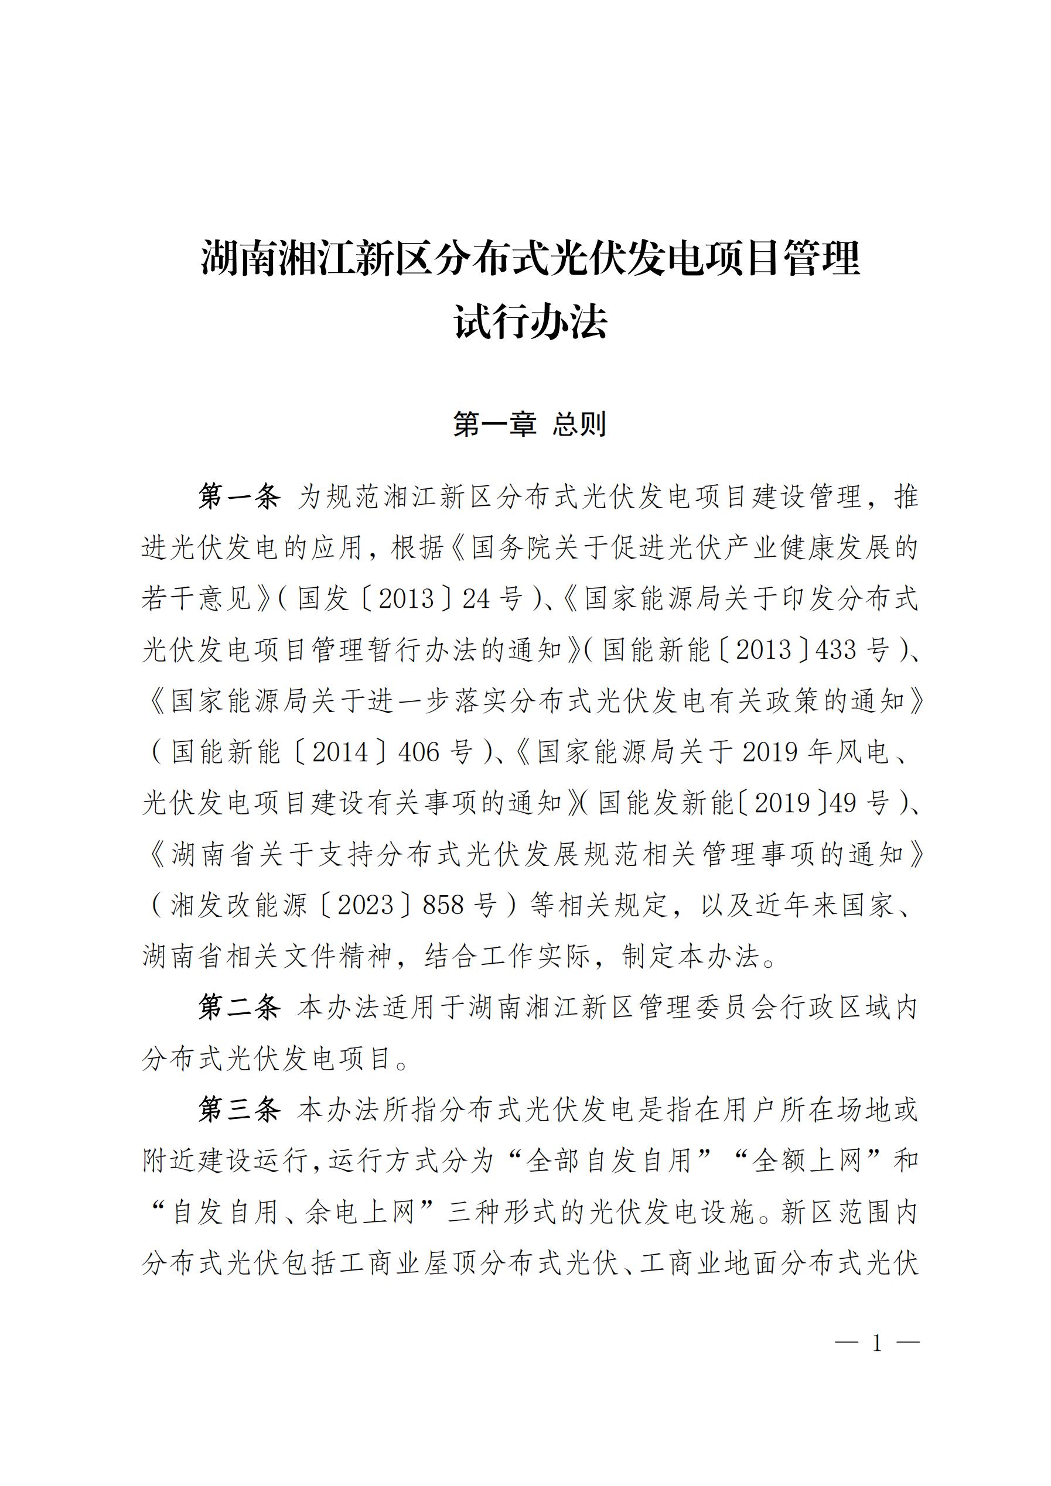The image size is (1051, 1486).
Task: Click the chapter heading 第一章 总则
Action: tap(529, 424)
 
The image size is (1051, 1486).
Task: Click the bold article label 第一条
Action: tap(239, 497)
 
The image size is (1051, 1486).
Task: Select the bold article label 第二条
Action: tap(239, 1007)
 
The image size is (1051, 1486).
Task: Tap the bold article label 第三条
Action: tap(239, 1110)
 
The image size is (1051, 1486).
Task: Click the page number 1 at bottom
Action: tap(877, 1344)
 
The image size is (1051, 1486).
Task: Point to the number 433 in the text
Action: tap(836, 649)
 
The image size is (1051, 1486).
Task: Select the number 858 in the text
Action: tap(443, 905)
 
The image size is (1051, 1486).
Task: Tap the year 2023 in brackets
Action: tap(366, 905)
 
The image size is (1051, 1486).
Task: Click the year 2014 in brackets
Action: tap(340, 752)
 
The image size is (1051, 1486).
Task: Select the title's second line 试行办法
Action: tap(530, 321)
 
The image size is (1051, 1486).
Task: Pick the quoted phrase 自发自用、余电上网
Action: tap(294, 1211)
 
